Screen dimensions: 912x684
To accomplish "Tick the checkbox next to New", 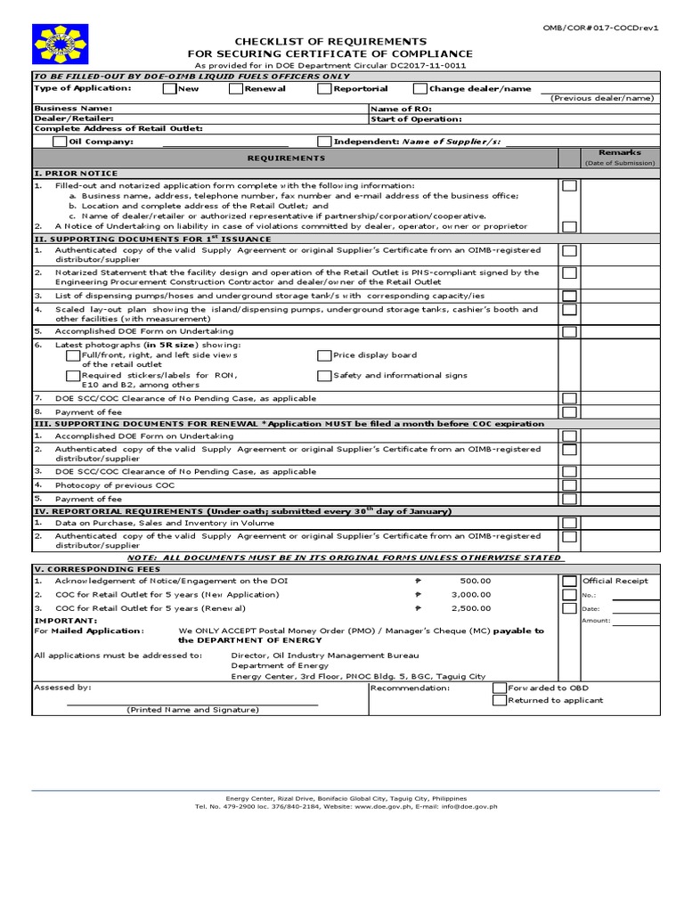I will (169, 89).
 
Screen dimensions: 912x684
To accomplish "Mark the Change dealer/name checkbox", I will (419, 89).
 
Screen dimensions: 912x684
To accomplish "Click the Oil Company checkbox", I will (59, 141).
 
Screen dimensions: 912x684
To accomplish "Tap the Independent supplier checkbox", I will (324, 141).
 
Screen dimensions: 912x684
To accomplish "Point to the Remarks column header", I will (619, 153).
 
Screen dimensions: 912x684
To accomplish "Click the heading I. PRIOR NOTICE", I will (76, 173).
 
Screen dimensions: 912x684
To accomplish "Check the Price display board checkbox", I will (324, 354).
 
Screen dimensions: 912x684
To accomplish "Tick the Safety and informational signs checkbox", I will (324, 375).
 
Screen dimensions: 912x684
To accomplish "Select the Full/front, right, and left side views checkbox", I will (73, 354).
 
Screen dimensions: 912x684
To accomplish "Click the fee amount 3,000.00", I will (471, 594).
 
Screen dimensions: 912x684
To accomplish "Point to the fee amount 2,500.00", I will (471, 607).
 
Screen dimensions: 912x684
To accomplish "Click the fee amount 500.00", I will (475, 581).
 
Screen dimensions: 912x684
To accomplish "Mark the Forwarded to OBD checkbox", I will (500, 688).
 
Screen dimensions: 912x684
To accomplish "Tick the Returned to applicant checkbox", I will (500, 701).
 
